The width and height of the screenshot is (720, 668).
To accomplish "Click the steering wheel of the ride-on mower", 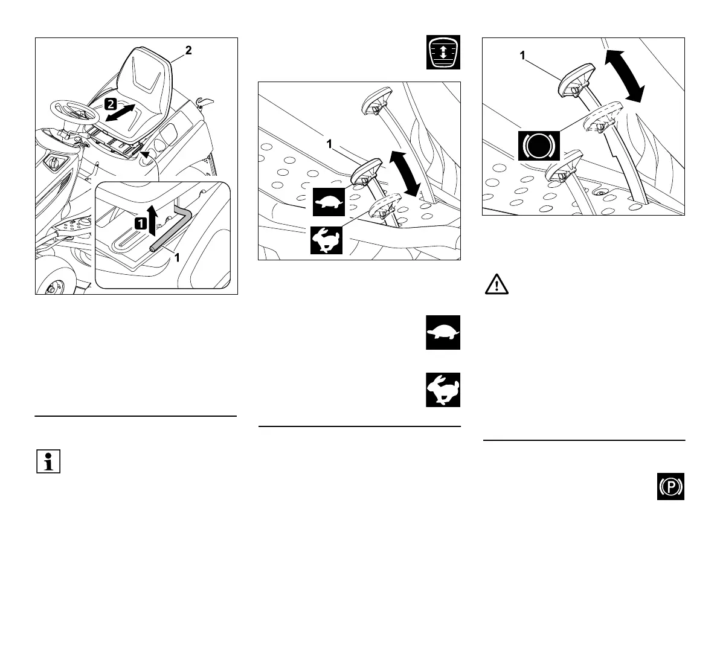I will click(x=72, y=112).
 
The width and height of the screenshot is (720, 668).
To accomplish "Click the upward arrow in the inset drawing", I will click(x=153, y=220).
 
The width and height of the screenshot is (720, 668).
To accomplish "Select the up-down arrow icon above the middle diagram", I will click(x=443, y=52).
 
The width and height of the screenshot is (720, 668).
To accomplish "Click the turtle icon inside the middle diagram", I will click(x=328, y=202).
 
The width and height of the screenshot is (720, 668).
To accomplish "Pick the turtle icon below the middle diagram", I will click(x=443, y=332).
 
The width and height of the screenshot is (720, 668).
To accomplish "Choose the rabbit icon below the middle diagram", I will click(x=443, y=390).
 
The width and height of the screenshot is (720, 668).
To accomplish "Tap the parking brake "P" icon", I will click(x=671, y=487).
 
